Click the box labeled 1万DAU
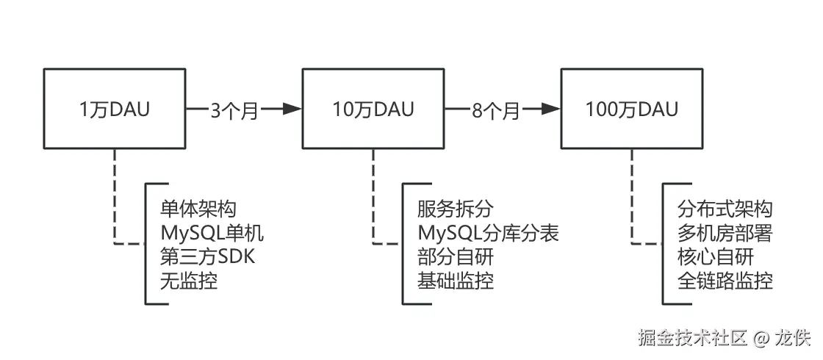tap(114, 109)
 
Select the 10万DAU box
tap(373, 109)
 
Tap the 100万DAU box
tap(632, 109)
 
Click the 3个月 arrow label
tap(234, 110)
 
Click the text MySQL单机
tap(211, 233)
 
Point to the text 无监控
tap(189, 280)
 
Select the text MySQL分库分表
tap(488, 233)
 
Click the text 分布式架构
tap(725, 209)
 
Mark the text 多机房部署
tap(725, 233)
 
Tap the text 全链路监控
tap(725, 280)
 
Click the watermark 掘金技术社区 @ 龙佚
tap(724, 337)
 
